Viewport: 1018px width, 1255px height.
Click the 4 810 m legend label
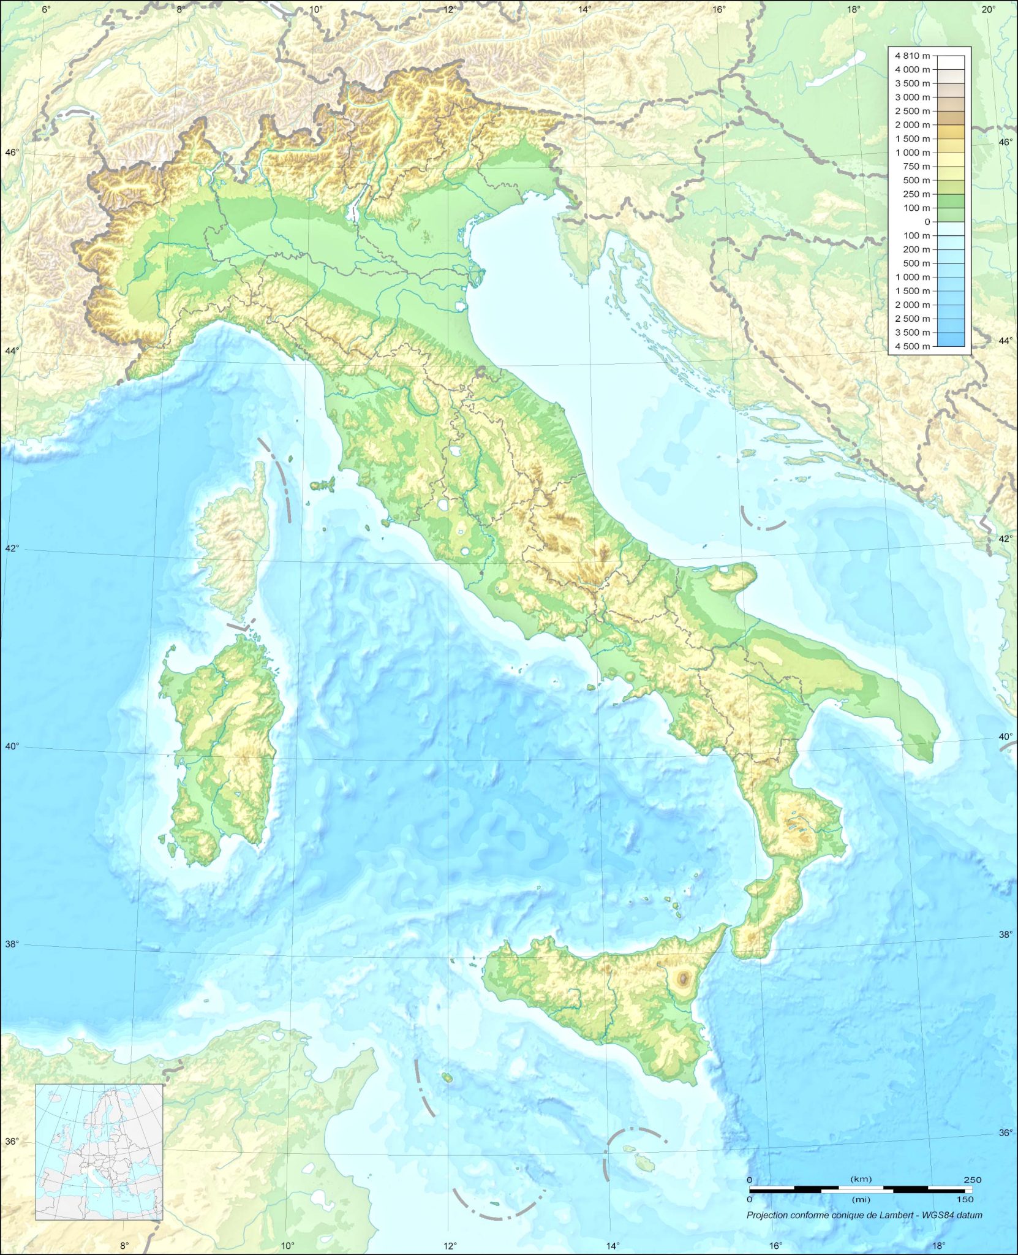(x=912, y=56)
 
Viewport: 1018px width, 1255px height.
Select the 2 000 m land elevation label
(x=912, y=125)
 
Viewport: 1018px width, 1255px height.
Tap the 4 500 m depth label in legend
(x=912, y=346)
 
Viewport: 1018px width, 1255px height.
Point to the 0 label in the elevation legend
(x=927, y=222)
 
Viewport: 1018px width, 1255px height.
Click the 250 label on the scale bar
(x=972, y=1180)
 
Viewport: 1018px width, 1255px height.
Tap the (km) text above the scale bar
(x=861, y=1179)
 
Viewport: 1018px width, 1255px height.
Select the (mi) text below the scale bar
(x=861, y=1199)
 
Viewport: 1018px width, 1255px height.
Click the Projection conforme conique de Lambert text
(x=864, y=1215)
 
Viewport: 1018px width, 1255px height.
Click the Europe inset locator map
(x=99, y=1151)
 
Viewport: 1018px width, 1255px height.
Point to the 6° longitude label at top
(x=46, y=9)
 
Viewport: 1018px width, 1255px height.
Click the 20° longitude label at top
(x=987, y=9)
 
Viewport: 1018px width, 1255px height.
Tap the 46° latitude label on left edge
(x=12, y=152)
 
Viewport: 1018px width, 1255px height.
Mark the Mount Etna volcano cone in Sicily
(x=682, y=979)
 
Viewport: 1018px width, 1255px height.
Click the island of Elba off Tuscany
(x=322, y=485)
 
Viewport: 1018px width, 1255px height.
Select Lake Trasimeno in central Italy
(x=455, y=452)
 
